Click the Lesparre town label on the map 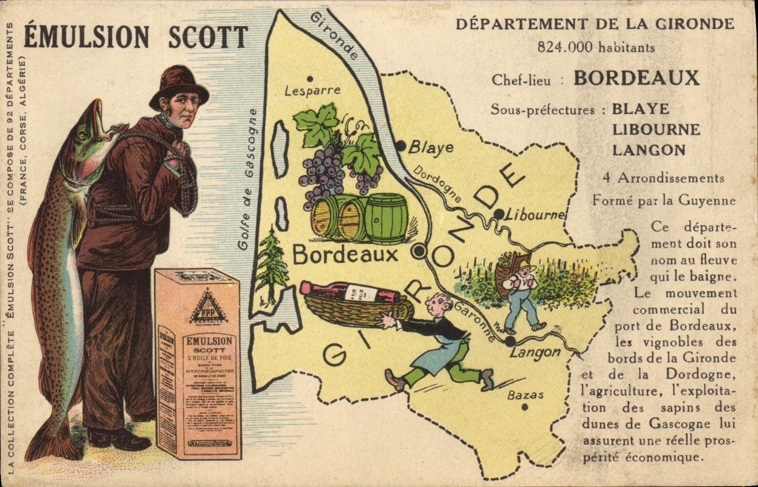(x=312, y=91)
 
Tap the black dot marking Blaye (x=401, y=146)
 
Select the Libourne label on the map (x=534, y=215)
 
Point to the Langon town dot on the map (x=509, y=341)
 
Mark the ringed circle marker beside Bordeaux (x=419, y=251)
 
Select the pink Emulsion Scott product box (x=198, y=363)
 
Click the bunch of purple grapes (x=323, y=170)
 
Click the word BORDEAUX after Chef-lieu (x=636, y=79)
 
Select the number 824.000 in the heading (x=566, y=47)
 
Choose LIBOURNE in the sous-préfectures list (x=656, y=130)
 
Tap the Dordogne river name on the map (x=437, y=184)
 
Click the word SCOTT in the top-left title (x=208, y=37)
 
